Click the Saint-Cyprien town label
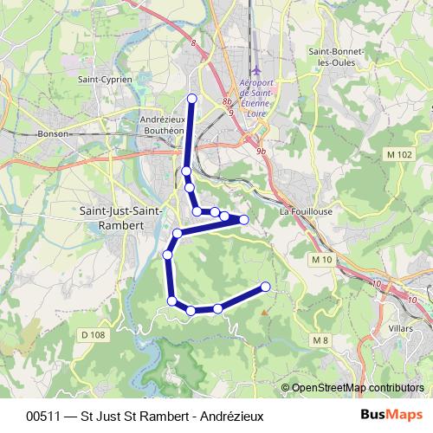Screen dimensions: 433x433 105,79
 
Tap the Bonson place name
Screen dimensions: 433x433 53,134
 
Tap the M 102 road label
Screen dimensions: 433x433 399,154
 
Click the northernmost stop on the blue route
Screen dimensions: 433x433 192,98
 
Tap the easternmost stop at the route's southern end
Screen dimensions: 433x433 265,287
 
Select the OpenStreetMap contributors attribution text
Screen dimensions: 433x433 357,388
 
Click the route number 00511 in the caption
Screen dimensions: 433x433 43,415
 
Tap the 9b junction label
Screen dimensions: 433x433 261,151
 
